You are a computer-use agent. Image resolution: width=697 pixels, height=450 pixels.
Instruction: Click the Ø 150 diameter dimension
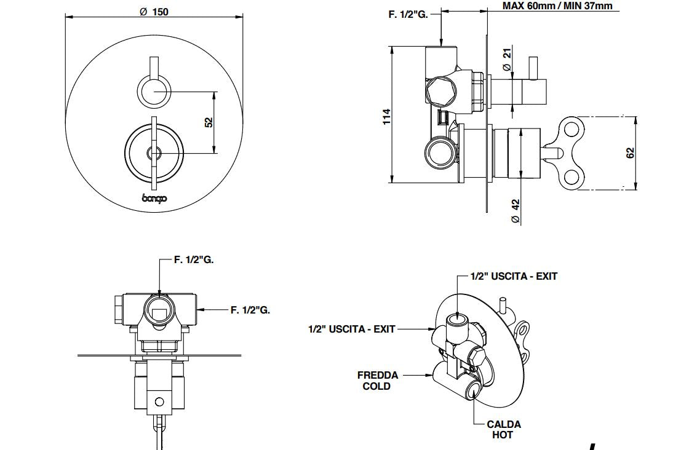point(154,12)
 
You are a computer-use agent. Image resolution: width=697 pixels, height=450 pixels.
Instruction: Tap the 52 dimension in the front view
point(209,122)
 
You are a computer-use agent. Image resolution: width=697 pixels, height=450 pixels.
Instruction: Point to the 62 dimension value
point(630,152)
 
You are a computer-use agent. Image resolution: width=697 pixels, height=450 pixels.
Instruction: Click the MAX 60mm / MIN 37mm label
point(557,6)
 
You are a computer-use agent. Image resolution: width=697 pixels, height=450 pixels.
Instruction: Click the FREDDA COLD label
point(377,380)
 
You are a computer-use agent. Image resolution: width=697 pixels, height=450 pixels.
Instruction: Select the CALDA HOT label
point(503,429)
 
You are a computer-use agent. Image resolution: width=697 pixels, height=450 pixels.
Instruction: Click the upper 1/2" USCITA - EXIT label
point(514,277)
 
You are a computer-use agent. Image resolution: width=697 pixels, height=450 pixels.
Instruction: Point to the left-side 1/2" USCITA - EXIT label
point(351,330)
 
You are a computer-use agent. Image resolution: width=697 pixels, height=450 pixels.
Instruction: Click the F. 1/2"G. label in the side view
point(408,14)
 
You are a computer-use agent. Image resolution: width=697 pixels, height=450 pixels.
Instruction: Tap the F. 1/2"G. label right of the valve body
point(250,310)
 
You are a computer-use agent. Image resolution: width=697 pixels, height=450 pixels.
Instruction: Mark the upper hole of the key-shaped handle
point(573,129)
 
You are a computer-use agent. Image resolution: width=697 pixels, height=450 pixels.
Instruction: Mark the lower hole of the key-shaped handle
point(573,178)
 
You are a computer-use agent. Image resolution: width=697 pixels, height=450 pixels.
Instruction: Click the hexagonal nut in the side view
point(442,91)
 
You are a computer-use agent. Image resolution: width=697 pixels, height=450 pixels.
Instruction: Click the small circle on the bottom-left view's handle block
point(159,402)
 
